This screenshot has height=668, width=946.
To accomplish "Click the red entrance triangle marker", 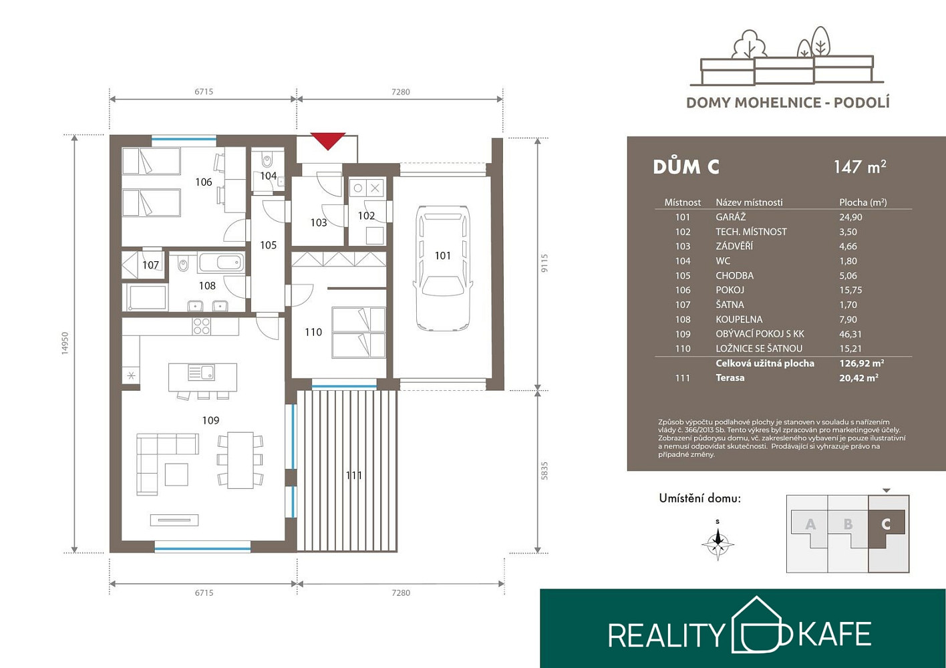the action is click(x=328, y=140).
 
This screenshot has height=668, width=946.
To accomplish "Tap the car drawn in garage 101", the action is click(x=442, y=268).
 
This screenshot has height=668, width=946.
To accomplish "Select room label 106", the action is click(x=204, y=182).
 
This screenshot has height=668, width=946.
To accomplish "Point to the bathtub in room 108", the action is click(x=221, y=263).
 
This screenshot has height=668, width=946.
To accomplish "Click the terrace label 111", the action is click(x=353, y=476).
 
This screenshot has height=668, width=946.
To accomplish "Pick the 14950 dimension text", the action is click(x=65, y=343).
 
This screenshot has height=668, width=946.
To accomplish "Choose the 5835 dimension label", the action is click(x=544, y=470).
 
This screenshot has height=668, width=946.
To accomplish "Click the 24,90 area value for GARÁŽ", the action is click(x=850, y=217).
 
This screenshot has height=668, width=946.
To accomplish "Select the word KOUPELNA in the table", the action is click(x=739, y=319).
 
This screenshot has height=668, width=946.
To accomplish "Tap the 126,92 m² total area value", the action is click(x=862, y=363).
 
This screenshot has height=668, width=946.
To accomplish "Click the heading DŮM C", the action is click(x=686, y=167).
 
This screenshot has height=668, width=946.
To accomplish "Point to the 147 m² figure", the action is click(x=860, y=167).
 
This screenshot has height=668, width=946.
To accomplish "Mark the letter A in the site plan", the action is click(x=810, y=524).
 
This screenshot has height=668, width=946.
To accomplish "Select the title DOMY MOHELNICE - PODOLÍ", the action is click(x=788, y=103).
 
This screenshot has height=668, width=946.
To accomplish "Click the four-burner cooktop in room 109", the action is click(x=201, y=327).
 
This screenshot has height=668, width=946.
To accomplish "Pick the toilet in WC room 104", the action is click(x=267, y=160).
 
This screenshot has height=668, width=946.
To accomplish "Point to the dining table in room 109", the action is click(x=241, y=460).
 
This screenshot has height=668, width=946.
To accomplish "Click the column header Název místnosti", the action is click(x=749, y=202).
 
